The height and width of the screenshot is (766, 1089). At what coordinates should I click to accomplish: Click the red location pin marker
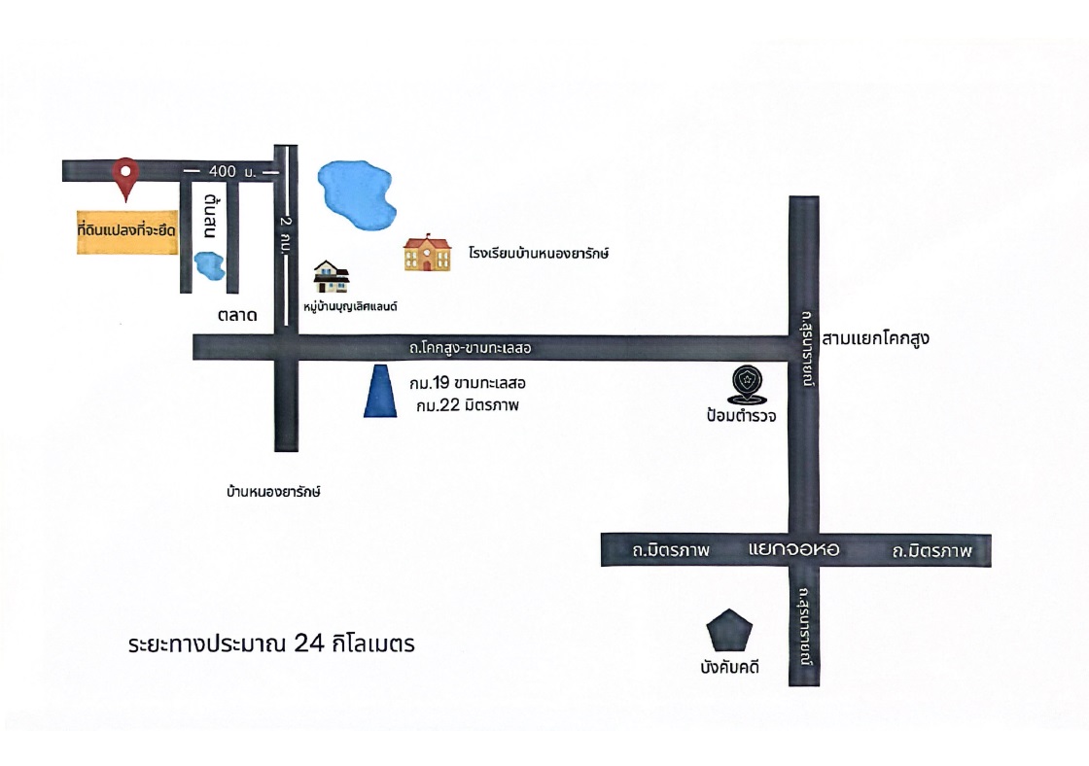tap(125, 178)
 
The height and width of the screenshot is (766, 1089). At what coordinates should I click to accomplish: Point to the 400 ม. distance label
tap(232, 171)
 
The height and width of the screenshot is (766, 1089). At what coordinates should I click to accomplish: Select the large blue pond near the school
tap(356, 193)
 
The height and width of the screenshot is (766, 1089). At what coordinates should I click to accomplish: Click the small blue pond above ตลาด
tap(209, 266)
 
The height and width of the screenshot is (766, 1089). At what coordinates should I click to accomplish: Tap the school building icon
tap(427, 253)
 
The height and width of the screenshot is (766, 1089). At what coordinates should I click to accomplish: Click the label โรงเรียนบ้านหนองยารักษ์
tap(539, 254)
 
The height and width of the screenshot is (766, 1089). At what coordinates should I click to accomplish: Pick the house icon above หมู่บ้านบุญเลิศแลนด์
tap(332, 276)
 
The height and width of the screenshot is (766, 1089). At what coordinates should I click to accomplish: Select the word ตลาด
tap(237, 315)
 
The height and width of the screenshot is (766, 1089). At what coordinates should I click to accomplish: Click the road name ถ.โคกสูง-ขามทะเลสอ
tap(471, 348)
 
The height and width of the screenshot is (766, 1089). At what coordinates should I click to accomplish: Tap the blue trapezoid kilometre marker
tap(380, 391)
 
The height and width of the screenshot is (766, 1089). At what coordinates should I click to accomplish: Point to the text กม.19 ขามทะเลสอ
tap(468, 383)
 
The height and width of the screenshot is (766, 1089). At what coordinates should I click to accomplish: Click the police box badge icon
tap(748, 384)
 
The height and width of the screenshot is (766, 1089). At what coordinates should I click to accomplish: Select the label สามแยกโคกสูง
tap(875, 339)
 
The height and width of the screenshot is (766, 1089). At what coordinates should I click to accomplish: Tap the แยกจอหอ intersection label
tap(793, 550)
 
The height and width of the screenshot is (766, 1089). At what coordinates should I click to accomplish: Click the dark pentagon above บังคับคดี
tap(729, 631)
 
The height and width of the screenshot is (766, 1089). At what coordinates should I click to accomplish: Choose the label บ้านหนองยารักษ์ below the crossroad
tap(273, 492)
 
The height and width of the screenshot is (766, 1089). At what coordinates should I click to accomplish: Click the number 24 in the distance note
tap(309, 644)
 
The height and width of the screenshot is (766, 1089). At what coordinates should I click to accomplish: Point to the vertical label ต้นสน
tap(211, 216)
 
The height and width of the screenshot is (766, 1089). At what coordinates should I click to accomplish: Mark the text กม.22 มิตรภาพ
tap(468, 405)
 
